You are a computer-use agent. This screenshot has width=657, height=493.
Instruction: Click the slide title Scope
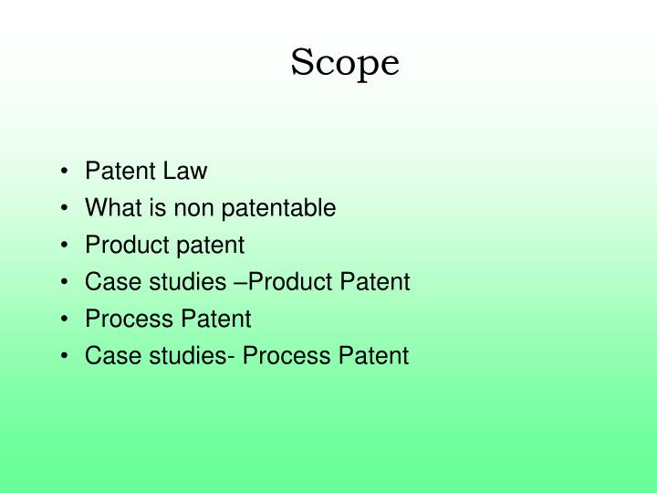pyautogui.click(x=345, y=64)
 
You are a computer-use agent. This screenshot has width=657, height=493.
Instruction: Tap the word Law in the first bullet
pyautogui.click(x=190, y=171)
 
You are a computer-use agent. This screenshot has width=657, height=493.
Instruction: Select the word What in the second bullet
pyautogui.click(x=109, y=208)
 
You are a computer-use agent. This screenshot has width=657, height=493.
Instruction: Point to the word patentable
pyautogui.click(x=284, y=208)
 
